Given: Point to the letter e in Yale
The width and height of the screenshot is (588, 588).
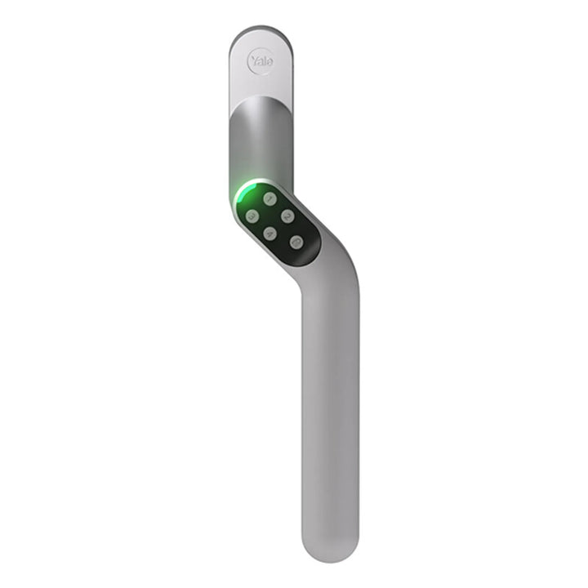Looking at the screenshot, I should pos(269,61).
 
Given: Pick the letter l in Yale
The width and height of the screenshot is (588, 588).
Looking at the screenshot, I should pos(265,60).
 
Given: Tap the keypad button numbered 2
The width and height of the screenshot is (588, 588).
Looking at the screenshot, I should pos(287,216).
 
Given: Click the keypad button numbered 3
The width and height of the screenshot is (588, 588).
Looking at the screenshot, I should pos(253,216).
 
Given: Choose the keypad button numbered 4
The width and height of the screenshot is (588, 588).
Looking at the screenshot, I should pos(270,234).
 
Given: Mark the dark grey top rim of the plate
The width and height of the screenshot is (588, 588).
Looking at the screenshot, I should pos(260,31).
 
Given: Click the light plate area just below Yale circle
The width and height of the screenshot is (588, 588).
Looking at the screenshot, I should pos(260,86).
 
